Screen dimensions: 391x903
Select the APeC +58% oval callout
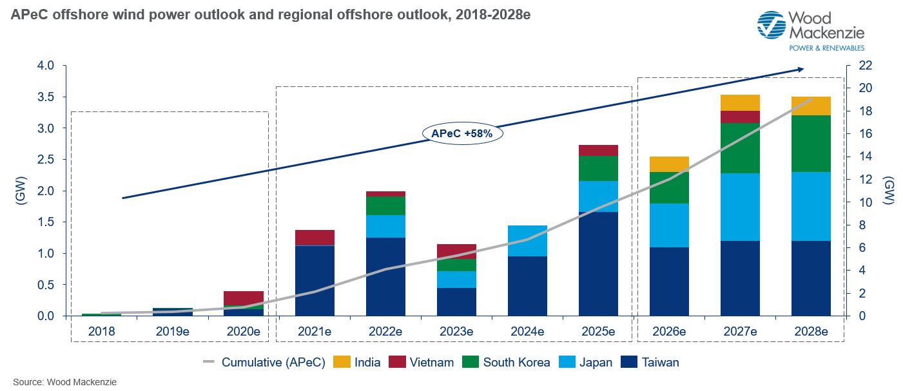click(463, 134)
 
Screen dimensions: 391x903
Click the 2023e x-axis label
click(456, 332)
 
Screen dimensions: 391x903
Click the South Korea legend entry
click(507, 362)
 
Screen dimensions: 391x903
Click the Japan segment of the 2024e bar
click(527, 241)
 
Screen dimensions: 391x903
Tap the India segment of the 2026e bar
click(669, 164)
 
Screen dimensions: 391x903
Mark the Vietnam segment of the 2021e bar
click(315, 238)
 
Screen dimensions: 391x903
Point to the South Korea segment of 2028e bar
click(811, 144)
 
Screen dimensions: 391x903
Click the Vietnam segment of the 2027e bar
click(740, 117)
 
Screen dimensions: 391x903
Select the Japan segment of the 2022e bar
click(385, 226)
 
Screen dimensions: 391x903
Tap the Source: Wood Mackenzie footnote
click(64, 382)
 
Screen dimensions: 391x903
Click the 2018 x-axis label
click(102, 332)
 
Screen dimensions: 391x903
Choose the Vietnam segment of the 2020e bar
click(244, 298)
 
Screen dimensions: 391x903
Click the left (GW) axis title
click(19, 190)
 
